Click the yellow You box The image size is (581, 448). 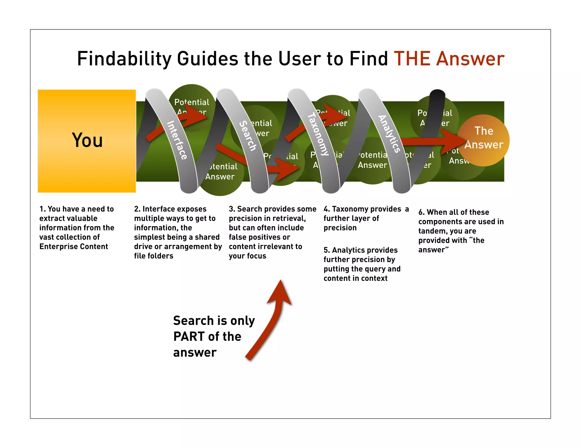[x=87, y=141]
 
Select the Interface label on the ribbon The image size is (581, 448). [x=177, y=140]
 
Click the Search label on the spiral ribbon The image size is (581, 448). [x=248, y=136]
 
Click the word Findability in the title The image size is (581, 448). [x=124, y=59]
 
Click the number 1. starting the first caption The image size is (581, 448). [x=43, y=209]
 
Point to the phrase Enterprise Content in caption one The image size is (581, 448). [x=73, y=246]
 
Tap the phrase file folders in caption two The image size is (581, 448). [x=153, y=256]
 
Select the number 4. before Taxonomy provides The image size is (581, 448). [x=327, y=209]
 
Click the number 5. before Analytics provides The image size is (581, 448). [x=327, y=250]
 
